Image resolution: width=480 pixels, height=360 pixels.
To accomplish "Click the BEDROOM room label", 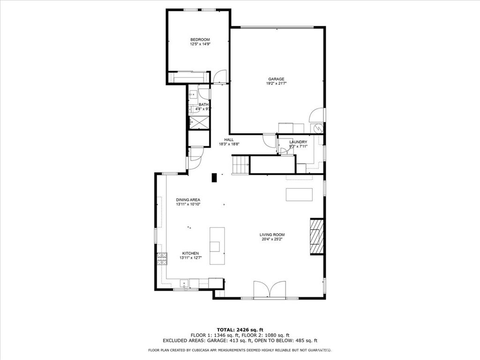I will (200, 39).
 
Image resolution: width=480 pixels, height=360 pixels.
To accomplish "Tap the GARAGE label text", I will (276, 79).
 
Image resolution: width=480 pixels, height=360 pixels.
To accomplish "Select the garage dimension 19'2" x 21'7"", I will (276, 84).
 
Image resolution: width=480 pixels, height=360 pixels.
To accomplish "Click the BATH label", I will (203, 105).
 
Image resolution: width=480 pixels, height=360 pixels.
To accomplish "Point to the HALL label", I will (229, 140).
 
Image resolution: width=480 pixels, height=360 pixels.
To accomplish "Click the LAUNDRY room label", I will (298, 142).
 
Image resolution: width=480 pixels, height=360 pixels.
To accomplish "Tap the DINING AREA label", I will (188, 200).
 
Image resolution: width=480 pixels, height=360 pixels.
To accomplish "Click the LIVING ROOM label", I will (272, 235).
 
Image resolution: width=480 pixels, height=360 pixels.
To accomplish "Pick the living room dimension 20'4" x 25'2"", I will (272, 240).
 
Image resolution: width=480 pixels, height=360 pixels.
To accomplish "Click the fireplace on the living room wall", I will (317, 236).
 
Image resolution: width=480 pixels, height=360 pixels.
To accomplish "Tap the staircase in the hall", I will (240, 165).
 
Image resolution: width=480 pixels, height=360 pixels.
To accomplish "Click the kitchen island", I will (217, 246).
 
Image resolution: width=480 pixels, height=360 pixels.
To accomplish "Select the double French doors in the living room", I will (270, 289).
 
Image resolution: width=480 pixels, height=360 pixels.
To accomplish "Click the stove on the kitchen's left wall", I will (162, 258).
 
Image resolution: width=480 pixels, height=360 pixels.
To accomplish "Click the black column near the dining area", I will (214, 177).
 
